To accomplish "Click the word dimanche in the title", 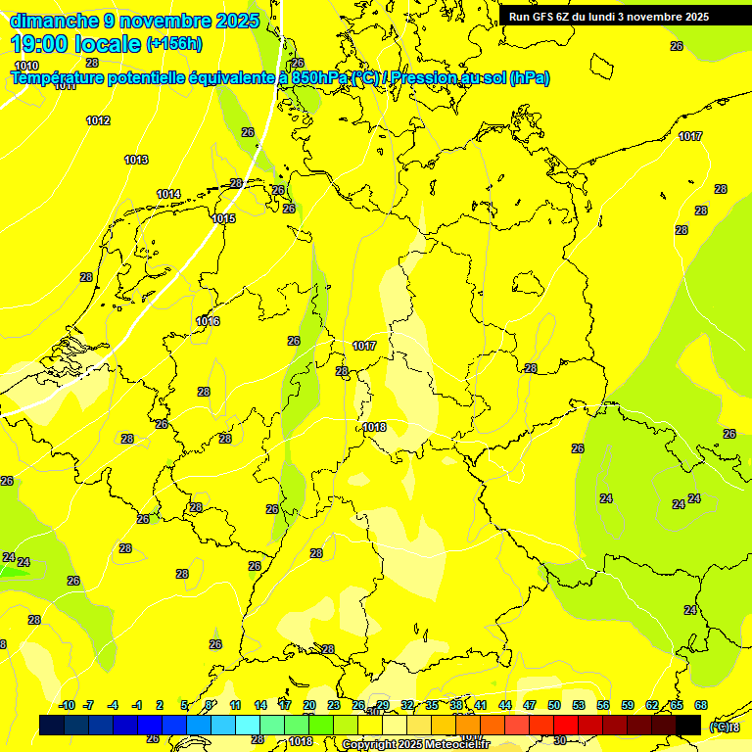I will point(54,21).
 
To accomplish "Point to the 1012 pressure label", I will point(98,120).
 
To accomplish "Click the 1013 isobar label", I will point(136,160).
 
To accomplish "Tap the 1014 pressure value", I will point(168,194).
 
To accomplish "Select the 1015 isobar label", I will point(223,218).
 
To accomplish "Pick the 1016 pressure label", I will point(208,321).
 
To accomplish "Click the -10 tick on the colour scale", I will point(67,705).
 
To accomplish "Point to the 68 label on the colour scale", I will point(701,705).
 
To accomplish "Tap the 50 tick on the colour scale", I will point(554,705).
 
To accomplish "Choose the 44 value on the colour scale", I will point(505,705).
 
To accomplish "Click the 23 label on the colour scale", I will point(334,705).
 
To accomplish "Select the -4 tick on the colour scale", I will point(113,705).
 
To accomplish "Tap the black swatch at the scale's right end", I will point(688,725).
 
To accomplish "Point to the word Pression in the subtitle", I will point(432,77).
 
